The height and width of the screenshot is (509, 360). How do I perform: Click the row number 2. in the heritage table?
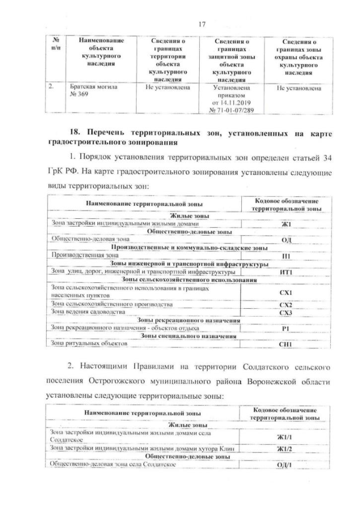[51, 87]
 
